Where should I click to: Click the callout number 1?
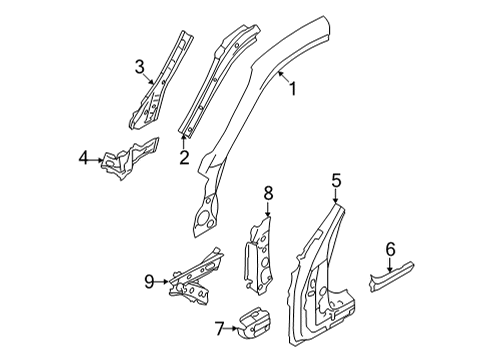[292, 89]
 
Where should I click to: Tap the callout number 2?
[184, 158]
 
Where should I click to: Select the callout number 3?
[140, 67]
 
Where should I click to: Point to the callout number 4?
[84, 158]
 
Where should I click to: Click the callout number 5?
[336, 180]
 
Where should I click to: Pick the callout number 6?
[390, 249]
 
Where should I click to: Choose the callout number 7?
[219, 329]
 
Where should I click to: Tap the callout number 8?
[268, 193]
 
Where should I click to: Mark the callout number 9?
[149, 282]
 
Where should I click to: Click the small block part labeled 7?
[255, 322]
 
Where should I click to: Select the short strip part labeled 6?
[392, 277]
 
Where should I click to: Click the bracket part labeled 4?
[131, 158]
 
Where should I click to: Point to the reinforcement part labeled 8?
[259, 256]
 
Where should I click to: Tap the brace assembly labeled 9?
[196, 276]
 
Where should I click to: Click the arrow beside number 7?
[232, 328]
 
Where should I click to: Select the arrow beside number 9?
[163, 282]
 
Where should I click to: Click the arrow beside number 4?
[97, 160]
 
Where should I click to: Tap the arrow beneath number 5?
[336, 196]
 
